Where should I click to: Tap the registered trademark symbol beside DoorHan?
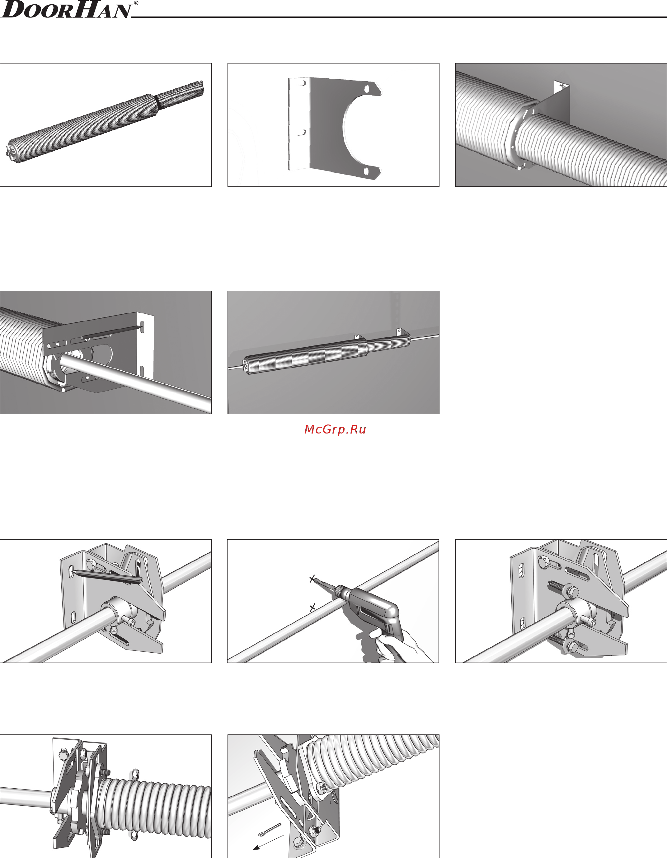[136, 3]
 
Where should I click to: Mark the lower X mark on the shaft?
[312, 608]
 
